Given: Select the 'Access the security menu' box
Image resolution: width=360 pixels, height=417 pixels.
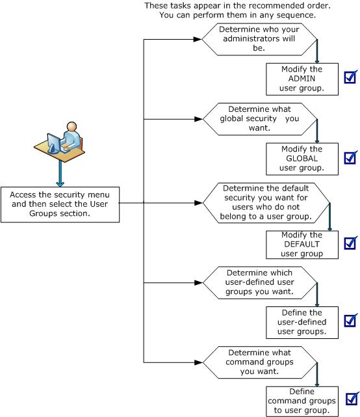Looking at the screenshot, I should pos(60,204).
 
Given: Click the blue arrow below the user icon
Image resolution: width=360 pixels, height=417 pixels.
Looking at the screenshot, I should pos(61,174).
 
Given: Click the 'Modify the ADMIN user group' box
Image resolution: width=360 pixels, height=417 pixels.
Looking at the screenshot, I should pos(295,79).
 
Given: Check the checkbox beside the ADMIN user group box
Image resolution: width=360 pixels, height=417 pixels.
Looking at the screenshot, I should pos(350,78).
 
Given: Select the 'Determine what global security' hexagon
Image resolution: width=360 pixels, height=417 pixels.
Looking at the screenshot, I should pos(259,119).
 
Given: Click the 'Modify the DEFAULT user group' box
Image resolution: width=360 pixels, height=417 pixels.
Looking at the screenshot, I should pos(295,245).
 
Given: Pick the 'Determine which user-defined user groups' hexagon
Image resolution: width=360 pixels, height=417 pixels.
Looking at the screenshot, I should pos(259,282).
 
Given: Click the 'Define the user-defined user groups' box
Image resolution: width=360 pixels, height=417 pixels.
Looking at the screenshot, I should pos(295,322).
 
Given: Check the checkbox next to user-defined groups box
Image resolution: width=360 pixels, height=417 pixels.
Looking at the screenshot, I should pos(350,321).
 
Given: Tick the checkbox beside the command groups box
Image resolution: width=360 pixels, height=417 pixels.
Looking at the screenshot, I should pos(352,398).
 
